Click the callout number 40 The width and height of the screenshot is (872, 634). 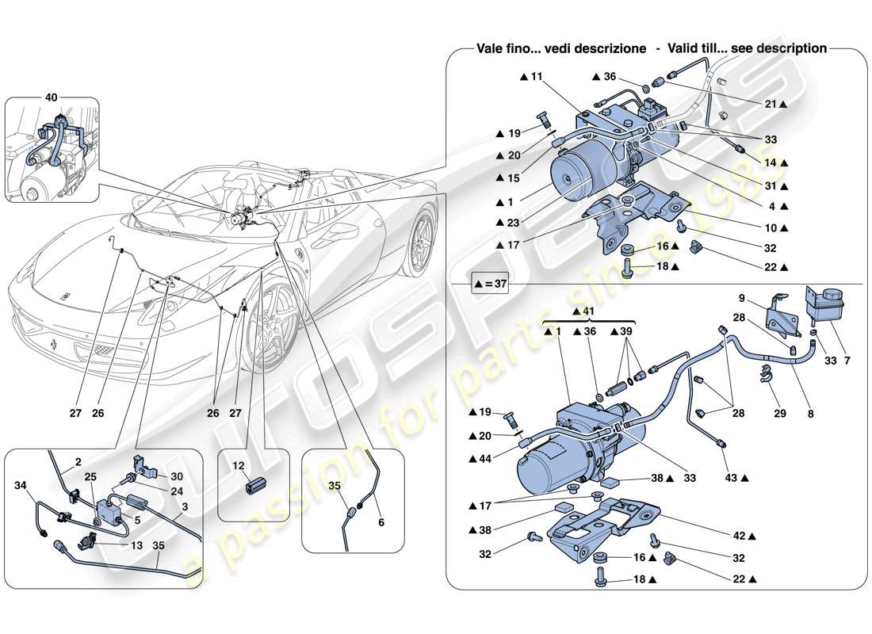pos(52,97)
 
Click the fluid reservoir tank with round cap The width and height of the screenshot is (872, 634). pos(824,305)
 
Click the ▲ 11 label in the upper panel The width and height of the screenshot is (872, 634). pos(531,77)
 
